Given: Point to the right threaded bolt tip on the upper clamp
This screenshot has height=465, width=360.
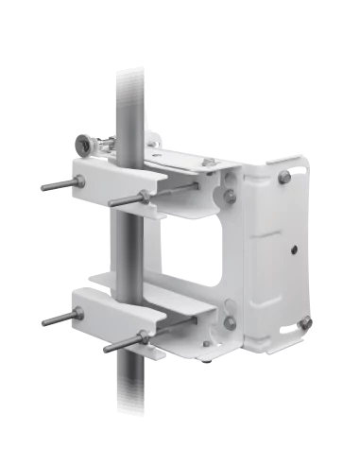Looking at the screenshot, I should (111, 202).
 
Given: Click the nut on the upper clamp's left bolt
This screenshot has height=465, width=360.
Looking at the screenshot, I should (78, 181).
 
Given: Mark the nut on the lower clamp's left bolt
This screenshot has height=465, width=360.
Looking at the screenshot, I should (77, 315).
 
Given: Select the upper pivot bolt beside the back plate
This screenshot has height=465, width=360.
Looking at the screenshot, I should (230, 196).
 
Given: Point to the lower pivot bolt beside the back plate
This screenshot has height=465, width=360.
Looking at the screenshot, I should (229, 323).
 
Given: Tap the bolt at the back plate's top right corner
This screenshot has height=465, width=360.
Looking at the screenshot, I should (283, 177).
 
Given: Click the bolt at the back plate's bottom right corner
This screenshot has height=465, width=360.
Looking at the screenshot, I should (304, 323).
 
